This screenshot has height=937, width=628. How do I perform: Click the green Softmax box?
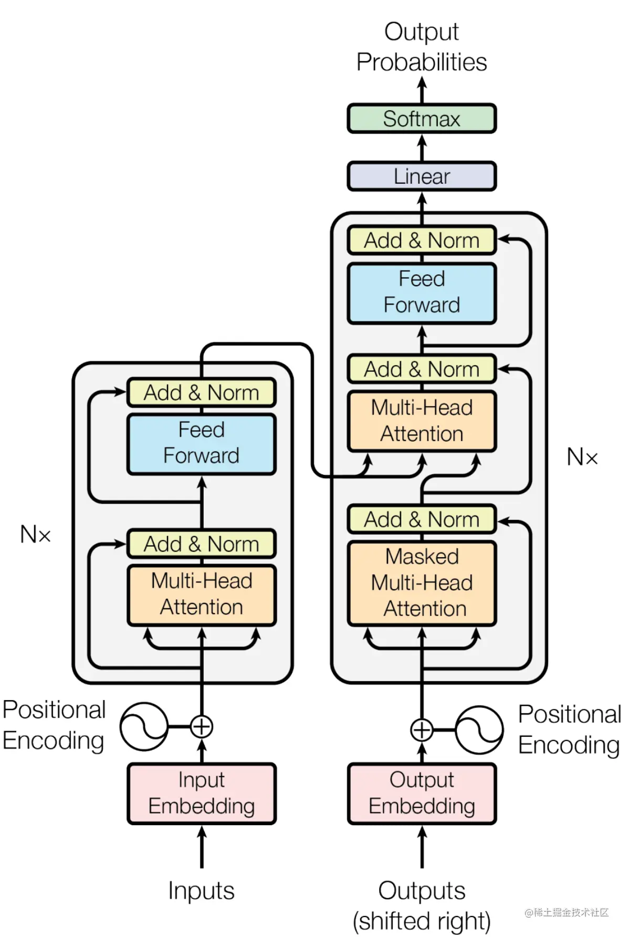pyautogui.click(x=421, y=119)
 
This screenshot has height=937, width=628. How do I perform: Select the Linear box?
pyautogui.click(x=421, y=176)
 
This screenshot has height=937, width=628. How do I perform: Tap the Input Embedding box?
pyautogui.click(x=202, y=793)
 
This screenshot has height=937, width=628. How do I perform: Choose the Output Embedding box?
pyautogui.click(x=421, y=793)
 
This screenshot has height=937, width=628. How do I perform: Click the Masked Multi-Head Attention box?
pyautogui.click(x=421, y=583)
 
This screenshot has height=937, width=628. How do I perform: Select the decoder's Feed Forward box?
pyautogui.click(x=421, y=293)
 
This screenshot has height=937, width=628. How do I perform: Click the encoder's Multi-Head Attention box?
pyautogui.click(x=202, y=595)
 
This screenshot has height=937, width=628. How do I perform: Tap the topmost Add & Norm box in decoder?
pyautogui.click(x=421, y=241)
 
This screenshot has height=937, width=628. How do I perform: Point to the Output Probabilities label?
pyautogui.click(x=421, y=47)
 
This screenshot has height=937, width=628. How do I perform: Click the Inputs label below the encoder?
pyautogui.click(x=202, y=891)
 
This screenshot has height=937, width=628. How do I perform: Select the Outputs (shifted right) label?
pyautogui.click(x=421, y=905)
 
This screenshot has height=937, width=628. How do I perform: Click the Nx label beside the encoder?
pyautogui.click(x=36, y=535)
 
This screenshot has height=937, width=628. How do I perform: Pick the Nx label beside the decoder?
pyautogui.click(x=582, y=457)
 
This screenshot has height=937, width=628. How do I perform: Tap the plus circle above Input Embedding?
pyautogui.click(x=202, y=727)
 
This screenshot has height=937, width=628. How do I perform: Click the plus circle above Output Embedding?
pyautogui.click(x=421, y=730)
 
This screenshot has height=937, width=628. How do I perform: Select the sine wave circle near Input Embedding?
pyautogui.click(x=143, y=727)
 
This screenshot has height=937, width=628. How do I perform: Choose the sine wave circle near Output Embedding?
pyautogui.click(x=479, y=730)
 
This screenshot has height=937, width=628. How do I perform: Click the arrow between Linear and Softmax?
pyautogui.click(x=422, y=148)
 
